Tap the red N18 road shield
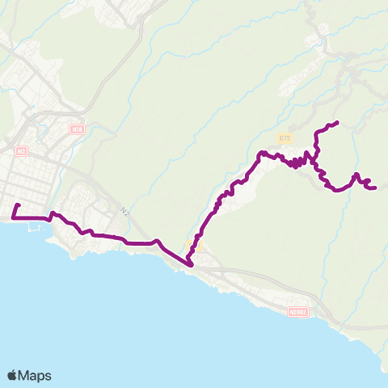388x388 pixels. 77,129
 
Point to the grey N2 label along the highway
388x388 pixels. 125,211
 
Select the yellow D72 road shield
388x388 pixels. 284,138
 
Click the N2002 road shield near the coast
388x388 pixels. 297,311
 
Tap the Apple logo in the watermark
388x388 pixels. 13,375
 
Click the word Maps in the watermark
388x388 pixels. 36,376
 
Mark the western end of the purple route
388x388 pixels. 18,205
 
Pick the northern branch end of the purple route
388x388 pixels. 335,122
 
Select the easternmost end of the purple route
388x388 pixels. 376,188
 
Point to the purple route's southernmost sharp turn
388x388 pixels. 190,264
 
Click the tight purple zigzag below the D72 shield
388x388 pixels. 297,163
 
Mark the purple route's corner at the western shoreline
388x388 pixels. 14,217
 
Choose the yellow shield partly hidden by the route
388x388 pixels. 192,245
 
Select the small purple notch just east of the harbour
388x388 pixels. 53,214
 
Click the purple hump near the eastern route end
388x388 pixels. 356,175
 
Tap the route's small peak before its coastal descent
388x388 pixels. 157,240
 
